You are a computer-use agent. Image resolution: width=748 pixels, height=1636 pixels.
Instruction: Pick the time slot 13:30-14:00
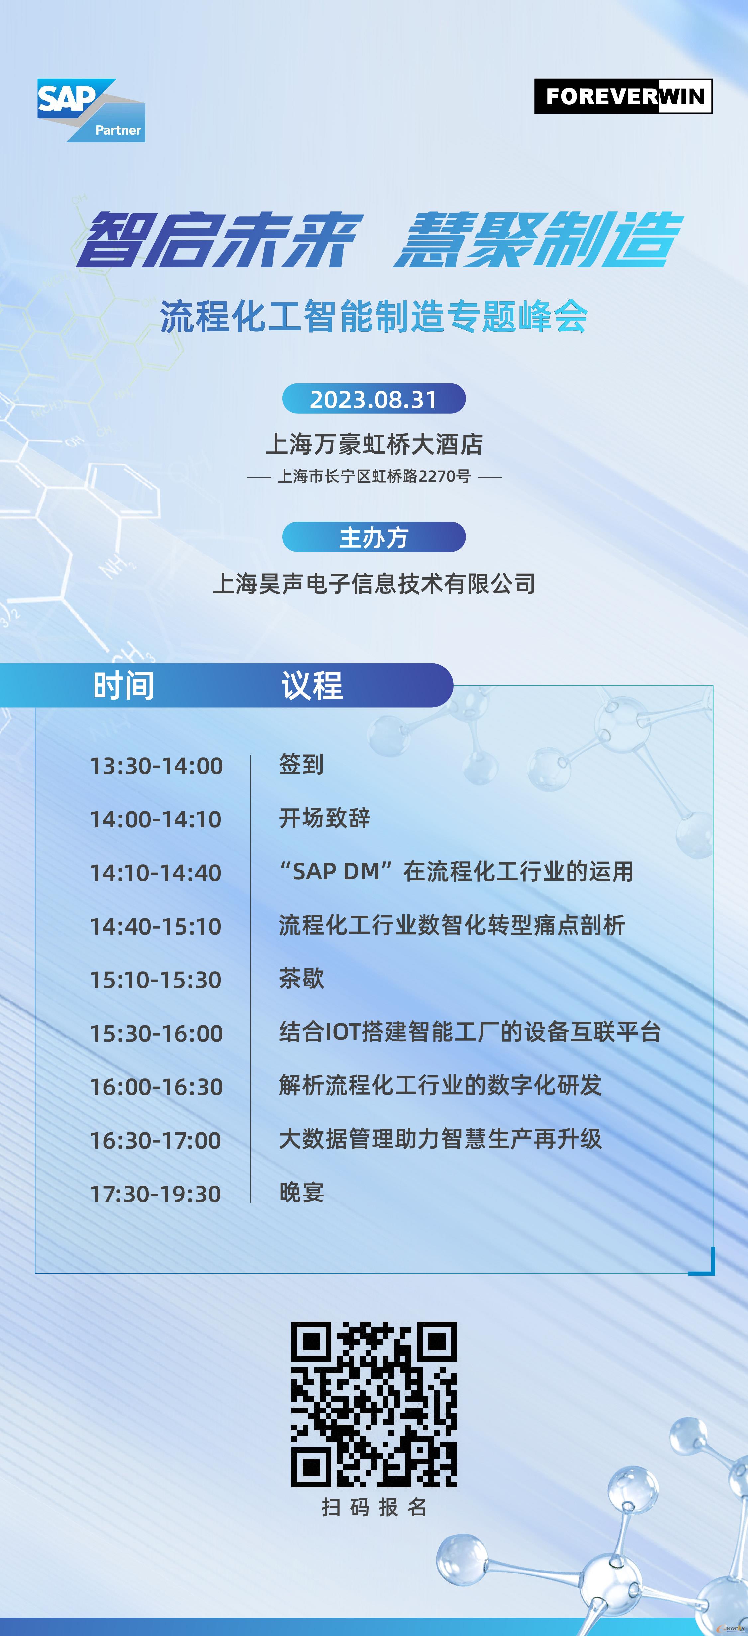(x=156, y=766)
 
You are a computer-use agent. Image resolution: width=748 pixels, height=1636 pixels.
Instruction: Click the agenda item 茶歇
(x=302, y=979)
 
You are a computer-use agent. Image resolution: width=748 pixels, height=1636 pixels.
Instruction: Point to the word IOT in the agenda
(x=343, y=1033)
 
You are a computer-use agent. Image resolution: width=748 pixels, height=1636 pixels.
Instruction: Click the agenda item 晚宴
(x=302, y=1193)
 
